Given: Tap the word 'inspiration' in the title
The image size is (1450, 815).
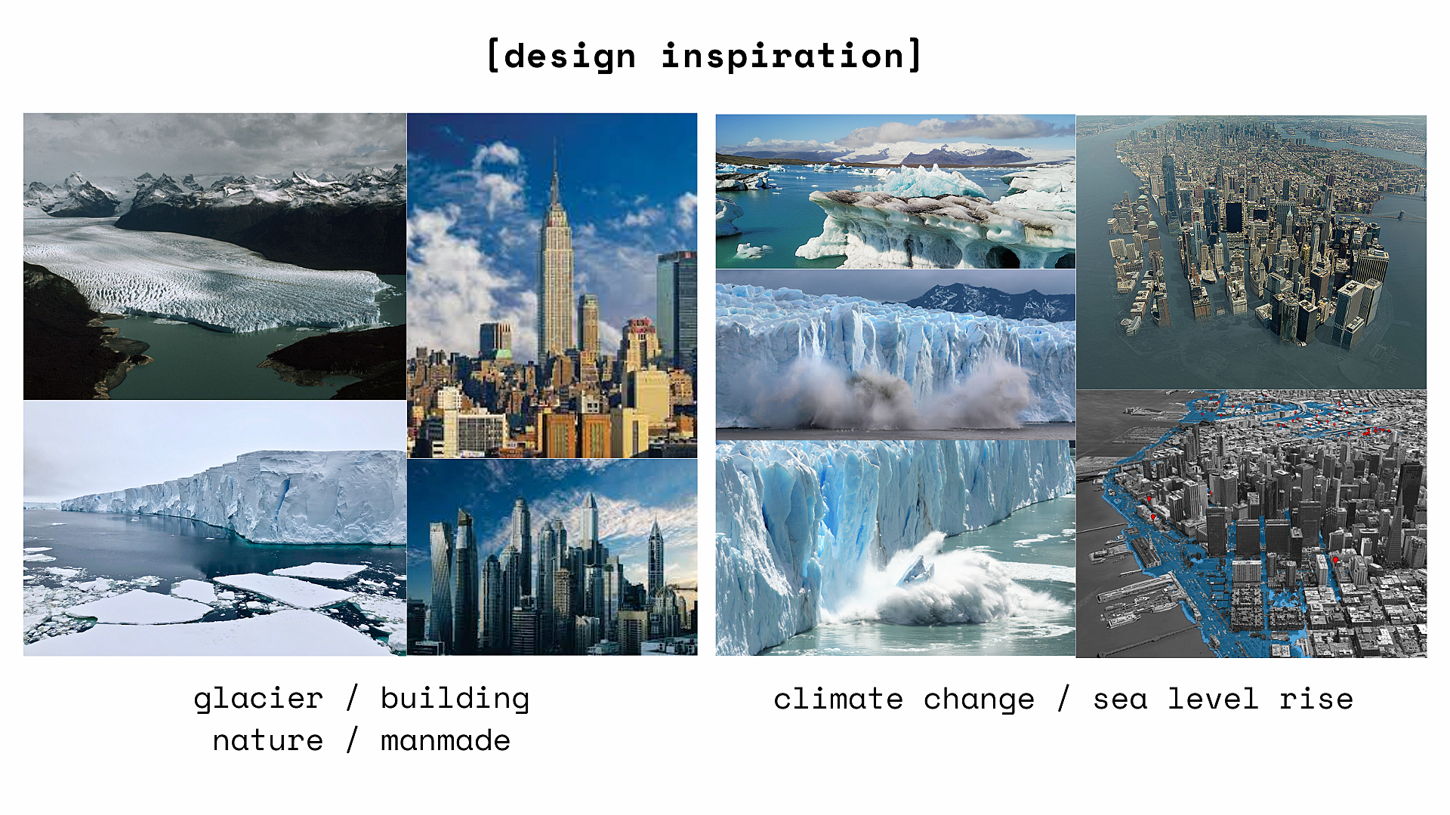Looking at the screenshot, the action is click(x=783, y=56).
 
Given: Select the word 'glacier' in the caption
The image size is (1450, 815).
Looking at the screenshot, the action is click(x=258, y=700).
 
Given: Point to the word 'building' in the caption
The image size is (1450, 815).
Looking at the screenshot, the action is click(x=455, y=699).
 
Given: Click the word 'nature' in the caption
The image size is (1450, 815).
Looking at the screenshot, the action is click(x=268, y=741).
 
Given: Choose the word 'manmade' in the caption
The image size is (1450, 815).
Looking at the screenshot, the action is click(x=446, y=740).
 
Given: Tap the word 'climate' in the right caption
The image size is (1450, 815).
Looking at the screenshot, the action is click(x=838, y=699).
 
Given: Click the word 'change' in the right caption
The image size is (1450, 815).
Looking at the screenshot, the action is click(x=979, y=700).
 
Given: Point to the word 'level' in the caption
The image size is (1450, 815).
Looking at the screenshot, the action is click(x=1213, y=699).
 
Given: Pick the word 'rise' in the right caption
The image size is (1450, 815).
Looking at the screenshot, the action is click(x=1316, y=699).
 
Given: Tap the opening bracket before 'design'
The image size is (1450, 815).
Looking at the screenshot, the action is click(x=493, y=56).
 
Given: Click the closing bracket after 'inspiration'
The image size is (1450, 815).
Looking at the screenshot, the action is click(x=915, y=55).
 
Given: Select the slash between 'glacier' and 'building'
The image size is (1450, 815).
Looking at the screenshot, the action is click(x=352, y=698).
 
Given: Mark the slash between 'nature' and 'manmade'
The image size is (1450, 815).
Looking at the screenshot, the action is click(x=352, y=740).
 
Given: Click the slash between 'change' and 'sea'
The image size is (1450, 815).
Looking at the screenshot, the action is click(x=1063, y=698).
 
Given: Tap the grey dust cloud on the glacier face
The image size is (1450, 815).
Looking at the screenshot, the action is click(x=891, y=392).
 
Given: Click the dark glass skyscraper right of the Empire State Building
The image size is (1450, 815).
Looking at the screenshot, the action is click(x=677, y=309).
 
